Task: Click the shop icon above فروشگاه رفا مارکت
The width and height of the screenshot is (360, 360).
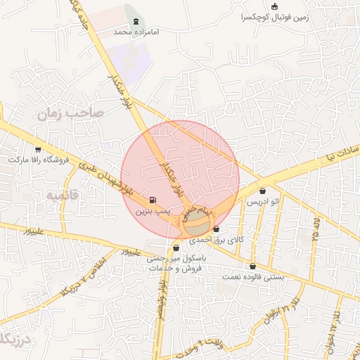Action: pyautogui.click(x=37, y=149)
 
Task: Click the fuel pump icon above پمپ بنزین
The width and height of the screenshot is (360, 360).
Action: pyautogui.click(x=153, y=200)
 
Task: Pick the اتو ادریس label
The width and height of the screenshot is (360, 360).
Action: pyautogui.click(x=262, y=201)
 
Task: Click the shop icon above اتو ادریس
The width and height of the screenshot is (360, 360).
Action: pyautogui.click(x=262, y=191)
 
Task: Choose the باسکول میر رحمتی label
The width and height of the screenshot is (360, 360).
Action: pyautogui.click(x=174, y=259)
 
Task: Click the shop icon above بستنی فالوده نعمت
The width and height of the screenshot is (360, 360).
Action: pyautogui.click(x=252, y=266)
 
